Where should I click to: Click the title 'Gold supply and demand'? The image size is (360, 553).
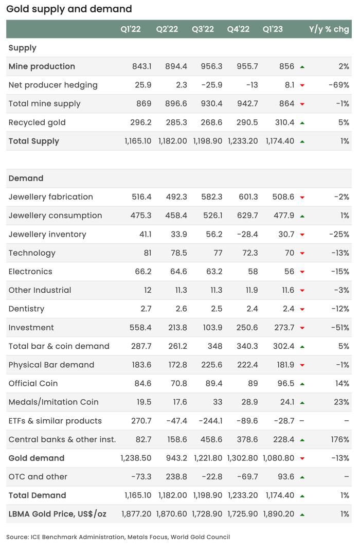click(69, 9)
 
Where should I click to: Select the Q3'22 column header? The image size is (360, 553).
click(203, 29)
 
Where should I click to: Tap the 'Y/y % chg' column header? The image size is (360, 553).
click(329, 29)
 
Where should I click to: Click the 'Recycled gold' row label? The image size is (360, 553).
click(37, 122)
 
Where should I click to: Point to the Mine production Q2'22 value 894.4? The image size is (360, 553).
click(176, 66)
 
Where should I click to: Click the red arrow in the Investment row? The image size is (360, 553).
click(302, 328)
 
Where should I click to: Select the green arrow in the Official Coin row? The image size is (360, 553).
click(302, 384)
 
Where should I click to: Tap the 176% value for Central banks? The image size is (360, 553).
click(340, 439)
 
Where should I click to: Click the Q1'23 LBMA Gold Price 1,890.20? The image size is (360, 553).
click(280, 514)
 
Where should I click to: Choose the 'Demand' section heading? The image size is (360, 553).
click(26, 178)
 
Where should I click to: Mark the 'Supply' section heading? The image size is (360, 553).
click(23, 48)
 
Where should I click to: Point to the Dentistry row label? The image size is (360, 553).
click(26, 309)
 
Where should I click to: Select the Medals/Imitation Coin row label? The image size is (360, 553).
click(53, 402)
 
